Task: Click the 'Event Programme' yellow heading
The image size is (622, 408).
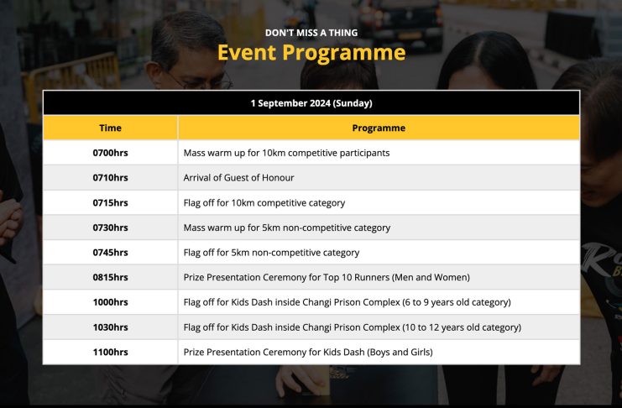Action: (311, 53)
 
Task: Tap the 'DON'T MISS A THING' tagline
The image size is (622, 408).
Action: (311, 33)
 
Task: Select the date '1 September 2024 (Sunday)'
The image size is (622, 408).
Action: (311, 103)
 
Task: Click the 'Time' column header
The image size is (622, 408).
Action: (110, 128)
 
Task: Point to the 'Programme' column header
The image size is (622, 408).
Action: (379, 128)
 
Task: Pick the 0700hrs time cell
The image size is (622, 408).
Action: (110, 153)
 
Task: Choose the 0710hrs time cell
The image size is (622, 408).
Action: (110, 177)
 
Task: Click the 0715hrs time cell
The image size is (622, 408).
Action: (110, 203)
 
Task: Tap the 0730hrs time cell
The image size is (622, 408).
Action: (110, 228)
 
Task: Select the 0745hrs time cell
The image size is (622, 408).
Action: (110, 253)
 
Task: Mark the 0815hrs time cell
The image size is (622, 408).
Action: (110, 277)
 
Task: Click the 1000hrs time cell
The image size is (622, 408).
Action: (110, 302)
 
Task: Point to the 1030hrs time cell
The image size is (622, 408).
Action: (110, 327)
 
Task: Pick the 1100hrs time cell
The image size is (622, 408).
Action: (110, 352)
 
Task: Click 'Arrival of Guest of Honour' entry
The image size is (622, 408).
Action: (238, 178)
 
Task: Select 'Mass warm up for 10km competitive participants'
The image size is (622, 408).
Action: (286, 153)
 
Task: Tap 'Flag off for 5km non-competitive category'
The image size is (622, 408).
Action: (271, 253)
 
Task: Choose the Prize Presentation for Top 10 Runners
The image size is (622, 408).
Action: (327, 277)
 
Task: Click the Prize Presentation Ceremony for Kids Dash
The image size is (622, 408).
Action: (308, 353)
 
